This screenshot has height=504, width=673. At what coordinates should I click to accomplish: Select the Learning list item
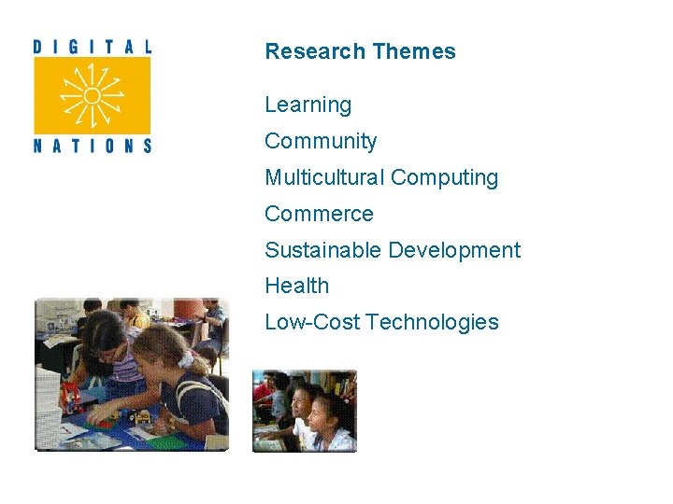click(x=308, y=105)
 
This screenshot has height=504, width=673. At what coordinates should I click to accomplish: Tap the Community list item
click(x=321, y=142)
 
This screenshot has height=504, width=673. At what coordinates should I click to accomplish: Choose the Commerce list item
click(x=319, y=214)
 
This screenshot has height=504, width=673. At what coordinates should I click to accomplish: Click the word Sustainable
click(x=323, y=250)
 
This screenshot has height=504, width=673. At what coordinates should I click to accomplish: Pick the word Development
click(x=454, y=250)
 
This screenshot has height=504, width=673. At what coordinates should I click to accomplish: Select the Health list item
click(x=296, y=287)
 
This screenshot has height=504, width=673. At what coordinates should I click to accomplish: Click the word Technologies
click(x=433, y=323)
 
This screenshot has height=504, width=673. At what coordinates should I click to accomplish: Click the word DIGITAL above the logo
click(x=92, y=46)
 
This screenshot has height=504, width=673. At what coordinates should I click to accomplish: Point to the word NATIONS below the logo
click(x=92, y=146)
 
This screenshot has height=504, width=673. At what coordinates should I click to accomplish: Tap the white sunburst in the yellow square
click(x=92, y=95)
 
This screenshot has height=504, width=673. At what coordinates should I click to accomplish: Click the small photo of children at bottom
click(x=305, y=411)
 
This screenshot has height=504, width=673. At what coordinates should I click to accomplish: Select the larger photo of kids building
click(x=131, y=374)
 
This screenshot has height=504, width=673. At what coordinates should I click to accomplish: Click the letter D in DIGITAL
click(x=38, y=46)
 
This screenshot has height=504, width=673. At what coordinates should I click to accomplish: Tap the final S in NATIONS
click(x=146, y=146)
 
